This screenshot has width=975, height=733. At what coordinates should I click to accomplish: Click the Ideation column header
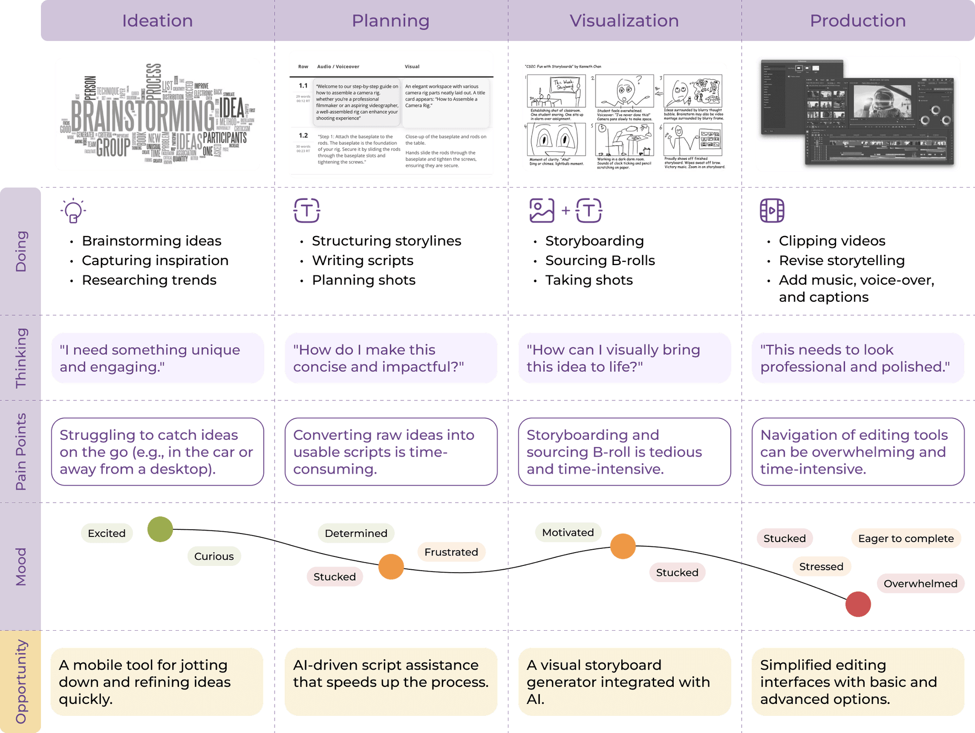pyautogui.click(x=157, y=20)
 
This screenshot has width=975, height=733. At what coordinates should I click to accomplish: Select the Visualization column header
pyautogui.click(x=624, y=20)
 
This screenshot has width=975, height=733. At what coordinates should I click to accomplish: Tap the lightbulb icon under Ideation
pyautogui.click(x=73, y=210)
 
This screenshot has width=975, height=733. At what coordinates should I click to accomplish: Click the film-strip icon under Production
pyautogui.click(x=772, y=210)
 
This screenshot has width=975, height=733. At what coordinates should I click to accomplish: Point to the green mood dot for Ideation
pyautogui.click(x=160, y=529)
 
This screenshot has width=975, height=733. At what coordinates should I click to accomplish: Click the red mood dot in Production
pyautogui.click(x=858, y=604)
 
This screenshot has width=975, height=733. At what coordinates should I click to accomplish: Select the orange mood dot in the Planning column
pyautogui.click(x=391, y=566)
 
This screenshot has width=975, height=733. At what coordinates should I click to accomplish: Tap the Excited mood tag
pyautogui.click(x=107, y=533)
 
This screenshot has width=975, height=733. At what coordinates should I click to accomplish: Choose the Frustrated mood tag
pyautogui.click(x=451, y=552)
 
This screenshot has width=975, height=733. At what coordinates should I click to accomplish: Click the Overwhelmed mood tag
pyautogui.click(x=920, y=584)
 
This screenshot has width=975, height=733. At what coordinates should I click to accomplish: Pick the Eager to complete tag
pyautogui.click(x=905, y=538)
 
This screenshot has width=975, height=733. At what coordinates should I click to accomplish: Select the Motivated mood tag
pyautogui.click(x=568, y=532)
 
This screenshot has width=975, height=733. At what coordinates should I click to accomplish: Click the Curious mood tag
pyautogui.click(x=214, y=556)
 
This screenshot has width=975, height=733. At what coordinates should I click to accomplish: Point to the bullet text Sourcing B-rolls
pyautogui.click(x=600, y=260)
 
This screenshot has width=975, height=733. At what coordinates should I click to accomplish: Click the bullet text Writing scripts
pyautogui.click(x=362, y=260)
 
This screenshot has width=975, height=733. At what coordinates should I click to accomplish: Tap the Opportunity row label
pyautogui.click(x=20, y=682)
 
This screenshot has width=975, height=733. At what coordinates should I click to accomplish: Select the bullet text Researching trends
pyautogui.click(x=149, y=280)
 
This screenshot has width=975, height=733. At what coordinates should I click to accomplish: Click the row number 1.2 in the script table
pyautogui.click(x=303, y=136)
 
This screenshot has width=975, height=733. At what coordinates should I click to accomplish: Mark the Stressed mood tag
pyautogui.click(x=821, y=566)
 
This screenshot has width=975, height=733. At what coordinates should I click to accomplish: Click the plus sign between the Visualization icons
pyautogui.click(x=566, y=210)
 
